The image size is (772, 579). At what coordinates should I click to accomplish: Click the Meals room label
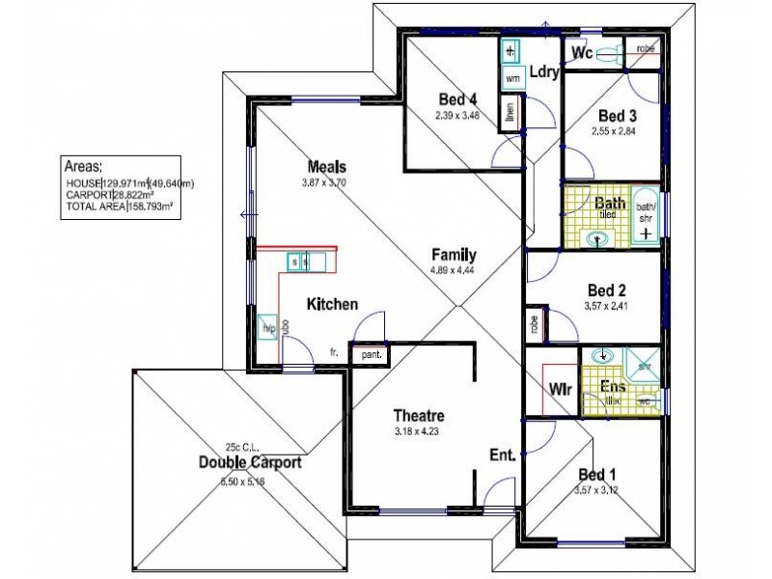pos(327,166)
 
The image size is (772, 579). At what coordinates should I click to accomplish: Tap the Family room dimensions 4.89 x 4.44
pos(453,270)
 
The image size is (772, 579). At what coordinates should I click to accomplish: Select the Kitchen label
pos(333,304)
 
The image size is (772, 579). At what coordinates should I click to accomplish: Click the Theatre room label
pos(418,416)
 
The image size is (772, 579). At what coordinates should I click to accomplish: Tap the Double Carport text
pos(250,463)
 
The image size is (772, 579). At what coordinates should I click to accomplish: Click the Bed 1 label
pos(595,475)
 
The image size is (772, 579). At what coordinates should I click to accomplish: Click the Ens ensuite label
pos(612,388)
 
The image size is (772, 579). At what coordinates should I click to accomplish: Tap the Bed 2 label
pos(608,290)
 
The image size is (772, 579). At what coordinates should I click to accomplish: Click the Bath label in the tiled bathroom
pos(610,204)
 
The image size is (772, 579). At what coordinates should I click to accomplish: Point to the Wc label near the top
pos(582,51)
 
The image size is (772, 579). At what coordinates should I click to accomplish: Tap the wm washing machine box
pos(512,78)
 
